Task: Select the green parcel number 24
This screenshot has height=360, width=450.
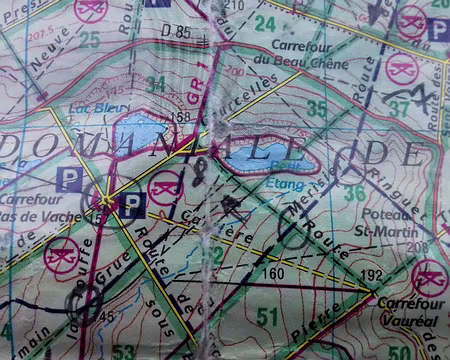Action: coord(264,22)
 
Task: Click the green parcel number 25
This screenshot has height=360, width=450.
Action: coord(90,39)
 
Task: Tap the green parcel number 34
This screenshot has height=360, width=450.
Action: coord(155,84)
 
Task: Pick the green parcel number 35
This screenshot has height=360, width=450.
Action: coord(317,108)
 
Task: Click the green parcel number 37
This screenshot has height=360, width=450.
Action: coord(400,107)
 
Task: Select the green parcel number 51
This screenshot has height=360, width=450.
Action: coord(266,317)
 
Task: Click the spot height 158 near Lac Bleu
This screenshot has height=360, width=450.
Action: coord(181,117)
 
